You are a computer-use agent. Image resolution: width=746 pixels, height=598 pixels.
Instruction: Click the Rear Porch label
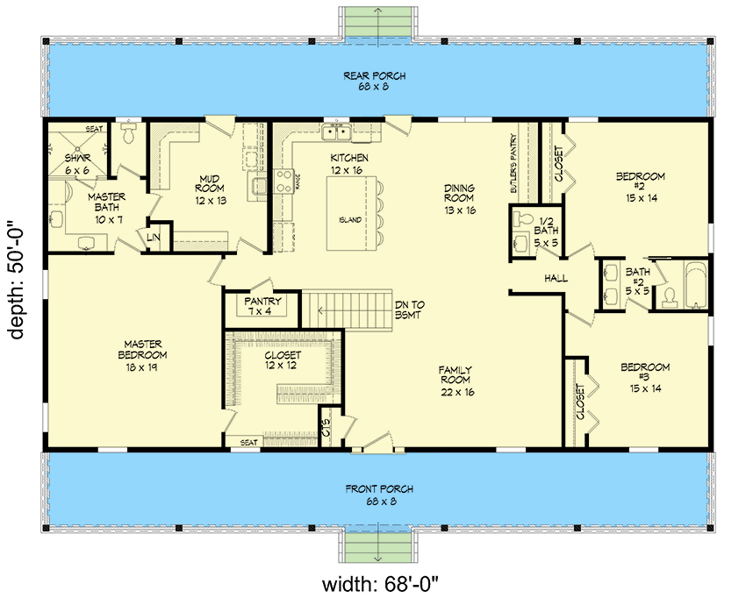tap(375, 82)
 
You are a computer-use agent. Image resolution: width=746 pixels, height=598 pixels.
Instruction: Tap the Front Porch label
tap(379, 495)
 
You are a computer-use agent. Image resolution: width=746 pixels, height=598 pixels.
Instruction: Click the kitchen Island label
tap(348, 220)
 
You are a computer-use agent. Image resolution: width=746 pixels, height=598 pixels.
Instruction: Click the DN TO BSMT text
tap(410, 309)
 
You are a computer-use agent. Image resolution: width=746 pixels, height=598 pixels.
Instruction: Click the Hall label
tap(556, 279)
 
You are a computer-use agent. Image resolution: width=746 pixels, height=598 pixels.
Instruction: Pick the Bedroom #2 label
tap(640, 187)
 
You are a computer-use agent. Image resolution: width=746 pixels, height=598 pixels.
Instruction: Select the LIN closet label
tap(154, 237)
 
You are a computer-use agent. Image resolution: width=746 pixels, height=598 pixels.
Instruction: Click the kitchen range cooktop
tap(285, 181)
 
